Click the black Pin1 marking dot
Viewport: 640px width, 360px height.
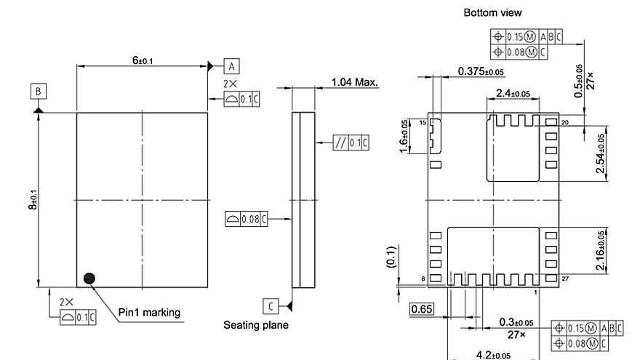pyautogui.click(x=89, y=277)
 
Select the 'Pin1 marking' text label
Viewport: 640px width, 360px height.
pyautogui.click(x=149, y=313)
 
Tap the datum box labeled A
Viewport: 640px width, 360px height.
pyautogui.click(x=231, y=65)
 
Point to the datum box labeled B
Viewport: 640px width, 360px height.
pyautogui.click(x=38, y=91)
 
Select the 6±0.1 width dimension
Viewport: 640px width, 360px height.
pyautogui.click(x=142, y=60)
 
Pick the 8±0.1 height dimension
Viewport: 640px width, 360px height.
pyautogui.click(x=32, y=200)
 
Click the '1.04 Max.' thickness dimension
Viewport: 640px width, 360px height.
pyautogui.click(x=354, y=82)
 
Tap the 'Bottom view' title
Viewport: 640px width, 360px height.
pyautogui.click(x=492, y=12)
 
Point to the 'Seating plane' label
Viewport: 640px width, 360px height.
pyautogui.click(x=255, y=325)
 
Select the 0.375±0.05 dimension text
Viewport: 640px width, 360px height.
pyautogui.click(x=481, y=71)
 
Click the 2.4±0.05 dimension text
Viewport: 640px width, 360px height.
pyautogui.click(x=513, y=93)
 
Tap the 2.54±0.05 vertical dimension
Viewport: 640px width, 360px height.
pyautogui.click(x=599, y=153)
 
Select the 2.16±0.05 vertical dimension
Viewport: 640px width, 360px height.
pyautogui.click(x=599, y=252)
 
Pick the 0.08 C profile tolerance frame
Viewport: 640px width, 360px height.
pyautogui.click(x=246, y=218)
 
